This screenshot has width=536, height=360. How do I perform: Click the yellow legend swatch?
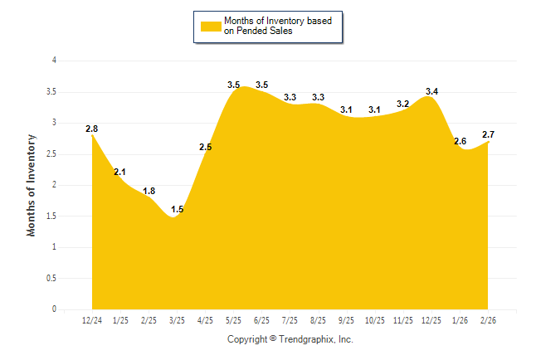click(209, 26)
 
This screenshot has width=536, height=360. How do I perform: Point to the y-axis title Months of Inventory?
click(32, 185)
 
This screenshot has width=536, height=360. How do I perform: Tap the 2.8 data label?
click(91, 129)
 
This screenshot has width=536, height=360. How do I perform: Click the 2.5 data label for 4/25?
click(205, 147)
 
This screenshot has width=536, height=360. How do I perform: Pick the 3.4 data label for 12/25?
click(431, 91)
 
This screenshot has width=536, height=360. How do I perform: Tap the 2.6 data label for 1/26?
click(460, 141)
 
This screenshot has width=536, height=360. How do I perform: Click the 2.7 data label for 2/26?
click(489, 134)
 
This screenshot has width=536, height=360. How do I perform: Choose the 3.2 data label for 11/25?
click(403, 104)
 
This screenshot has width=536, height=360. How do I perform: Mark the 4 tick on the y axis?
click(54, 61)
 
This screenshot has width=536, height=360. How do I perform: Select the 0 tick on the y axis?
click(54, 309)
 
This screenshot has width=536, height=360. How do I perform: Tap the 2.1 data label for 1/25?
click(119, 172)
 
